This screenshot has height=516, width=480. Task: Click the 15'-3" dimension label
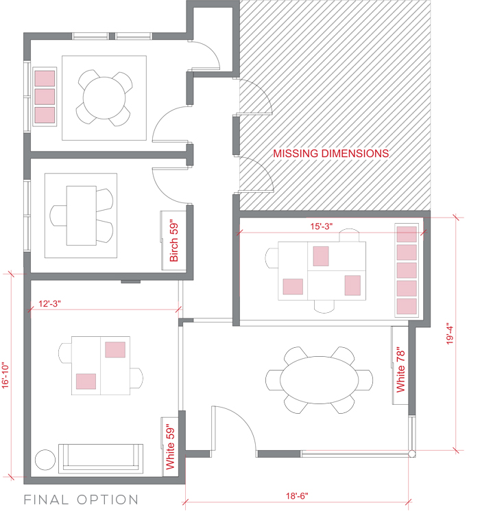321,226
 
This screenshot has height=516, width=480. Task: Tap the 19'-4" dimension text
450,333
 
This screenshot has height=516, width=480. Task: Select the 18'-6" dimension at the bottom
297,495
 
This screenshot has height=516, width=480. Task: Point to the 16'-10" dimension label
5,375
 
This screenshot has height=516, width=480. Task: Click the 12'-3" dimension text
49,303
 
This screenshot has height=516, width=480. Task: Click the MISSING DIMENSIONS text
331,153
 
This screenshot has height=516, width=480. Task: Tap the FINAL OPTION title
81,500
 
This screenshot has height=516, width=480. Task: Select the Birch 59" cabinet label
174,241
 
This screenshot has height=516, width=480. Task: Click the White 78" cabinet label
400,370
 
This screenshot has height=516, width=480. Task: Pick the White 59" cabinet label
170,447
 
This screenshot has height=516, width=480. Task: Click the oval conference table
319,379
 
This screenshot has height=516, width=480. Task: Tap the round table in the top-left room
104,97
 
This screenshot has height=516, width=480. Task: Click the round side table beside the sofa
45,460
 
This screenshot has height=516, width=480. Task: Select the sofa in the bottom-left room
101,458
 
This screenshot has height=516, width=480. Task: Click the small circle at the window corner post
411,454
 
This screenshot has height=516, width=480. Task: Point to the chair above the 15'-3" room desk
349,235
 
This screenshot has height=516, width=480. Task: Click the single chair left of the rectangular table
58,215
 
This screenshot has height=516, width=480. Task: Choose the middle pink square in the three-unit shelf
45,97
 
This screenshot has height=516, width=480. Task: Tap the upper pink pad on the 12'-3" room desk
115,349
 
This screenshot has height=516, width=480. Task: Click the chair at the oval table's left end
274,380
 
